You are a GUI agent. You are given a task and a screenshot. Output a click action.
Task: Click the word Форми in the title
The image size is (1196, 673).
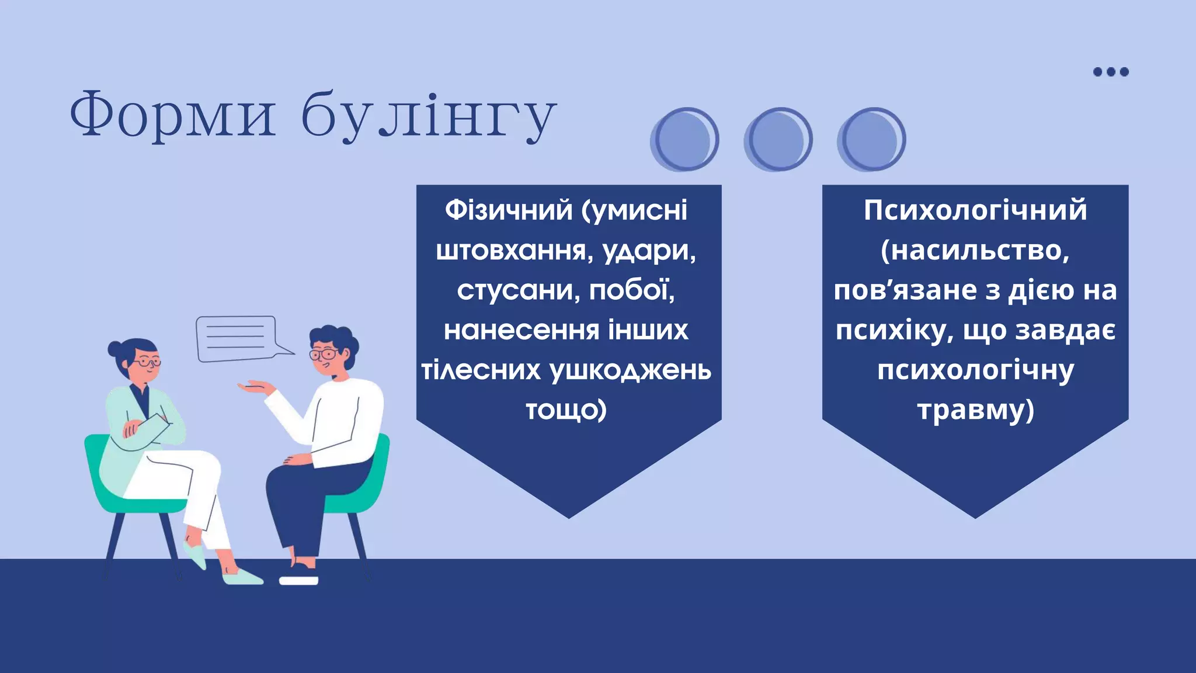[172, 115]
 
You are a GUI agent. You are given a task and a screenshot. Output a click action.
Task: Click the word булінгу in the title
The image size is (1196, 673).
[429, 116]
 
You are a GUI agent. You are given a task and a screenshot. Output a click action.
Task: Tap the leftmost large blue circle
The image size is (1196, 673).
[684, 140]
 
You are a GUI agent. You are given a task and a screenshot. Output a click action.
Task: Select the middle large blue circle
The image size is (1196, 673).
[778, 140]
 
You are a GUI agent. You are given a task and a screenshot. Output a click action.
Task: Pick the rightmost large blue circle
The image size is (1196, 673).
[871, 140]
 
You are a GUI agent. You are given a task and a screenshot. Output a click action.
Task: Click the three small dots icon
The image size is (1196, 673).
[1111, 72]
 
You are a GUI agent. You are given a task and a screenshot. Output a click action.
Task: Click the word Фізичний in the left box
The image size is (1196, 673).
[509, 210]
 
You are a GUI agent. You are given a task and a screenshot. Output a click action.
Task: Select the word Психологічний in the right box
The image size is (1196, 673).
[975, 210]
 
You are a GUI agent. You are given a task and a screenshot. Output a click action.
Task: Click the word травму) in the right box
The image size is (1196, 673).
[975, 410]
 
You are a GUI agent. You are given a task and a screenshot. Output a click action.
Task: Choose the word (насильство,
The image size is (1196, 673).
[975, 251]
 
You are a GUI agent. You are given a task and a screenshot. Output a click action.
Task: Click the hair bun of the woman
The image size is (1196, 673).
[116, 349]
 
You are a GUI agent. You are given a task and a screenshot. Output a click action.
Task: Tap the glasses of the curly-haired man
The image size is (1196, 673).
[323, 354]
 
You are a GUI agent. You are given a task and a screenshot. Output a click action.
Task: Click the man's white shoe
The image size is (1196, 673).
[298, 580]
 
